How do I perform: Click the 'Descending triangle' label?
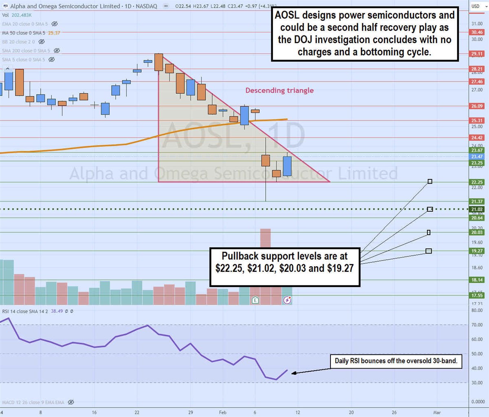pos(279,90)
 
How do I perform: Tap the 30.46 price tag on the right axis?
pos(477,32)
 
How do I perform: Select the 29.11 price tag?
pos(477,54)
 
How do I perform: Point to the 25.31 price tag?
pos(477,121)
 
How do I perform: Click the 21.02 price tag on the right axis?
pos(477,210)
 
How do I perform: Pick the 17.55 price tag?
pos(477,296)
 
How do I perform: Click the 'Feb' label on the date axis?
pos(222,413)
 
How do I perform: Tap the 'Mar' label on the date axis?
pos(437,413)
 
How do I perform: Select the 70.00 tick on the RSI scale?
pos(477,325)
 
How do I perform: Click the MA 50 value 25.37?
pos(54,33)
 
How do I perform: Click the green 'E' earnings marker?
pos(255,300)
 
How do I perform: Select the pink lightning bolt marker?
pos(287,300)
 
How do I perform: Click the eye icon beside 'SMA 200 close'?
pos(57,51)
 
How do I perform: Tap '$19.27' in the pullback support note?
pos(340,268)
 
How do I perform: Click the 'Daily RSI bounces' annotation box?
pos(396,361)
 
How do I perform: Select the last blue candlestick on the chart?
pos(287,166)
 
